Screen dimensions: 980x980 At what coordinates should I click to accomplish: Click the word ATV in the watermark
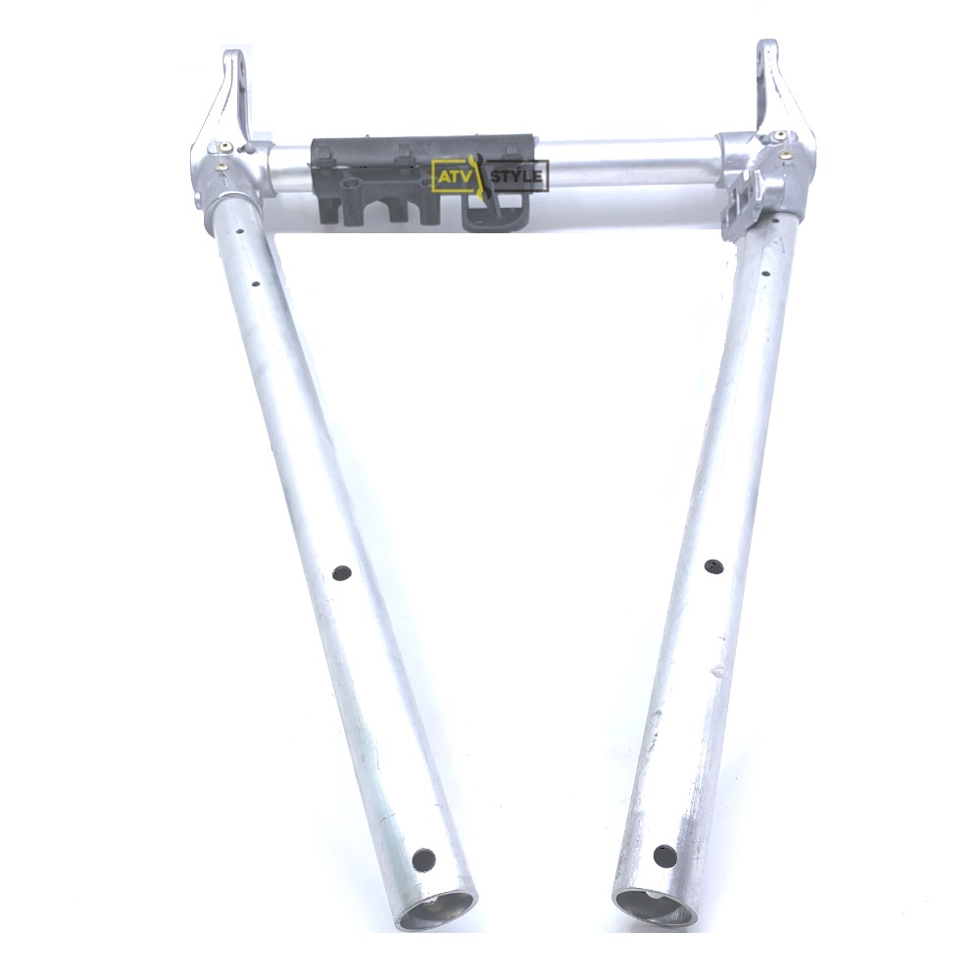(x=454, y=177)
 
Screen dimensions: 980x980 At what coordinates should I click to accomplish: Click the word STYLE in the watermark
(x=516, y=176)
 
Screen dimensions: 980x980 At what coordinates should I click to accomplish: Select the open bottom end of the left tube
(x=437, y=915)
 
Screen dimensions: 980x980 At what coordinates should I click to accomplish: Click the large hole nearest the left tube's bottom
(x=423, y=859)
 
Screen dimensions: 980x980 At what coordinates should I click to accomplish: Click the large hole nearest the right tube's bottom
(x=663, y=856)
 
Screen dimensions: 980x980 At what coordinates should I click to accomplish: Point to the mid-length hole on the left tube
(x=342, y=572)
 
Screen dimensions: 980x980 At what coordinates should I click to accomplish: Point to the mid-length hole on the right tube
(x=712, y=566)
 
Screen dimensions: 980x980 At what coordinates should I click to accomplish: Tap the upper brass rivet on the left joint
(x=226, y=148)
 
